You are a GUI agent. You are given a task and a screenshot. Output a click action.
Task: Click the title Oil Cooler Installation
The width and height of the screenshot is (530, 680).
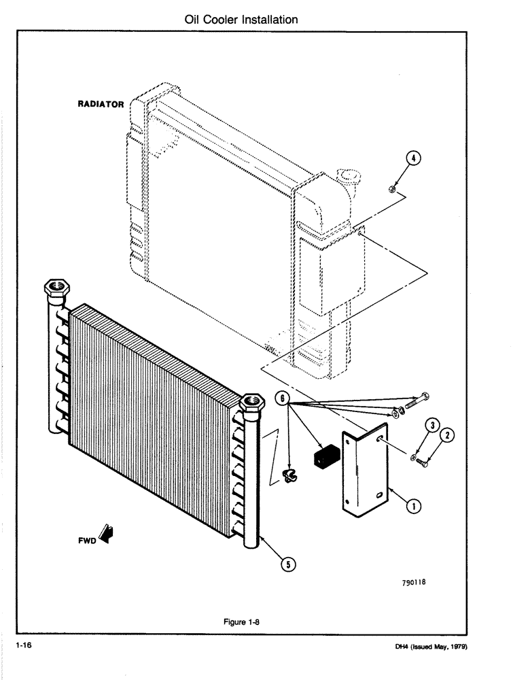click(241, 20)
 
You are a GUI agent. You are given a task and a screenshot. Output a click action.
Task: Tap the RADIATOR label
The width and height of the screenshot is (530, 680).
click(100, 105)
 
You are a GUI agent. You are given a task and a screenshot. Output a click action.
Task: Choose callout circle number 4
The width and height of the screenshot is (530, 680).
click(411, 157)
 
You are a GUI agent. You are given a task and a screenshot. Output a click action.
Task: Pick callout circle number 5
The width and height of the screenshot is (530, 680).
click(288, 563)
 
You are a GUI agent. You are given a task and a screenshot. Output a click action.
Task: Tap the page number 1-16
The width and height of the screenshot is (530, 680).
click(22, 646)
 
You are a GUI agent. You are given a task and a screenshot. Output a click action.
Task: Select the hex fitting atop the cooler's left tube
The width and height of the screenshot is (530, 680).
click(57, 288)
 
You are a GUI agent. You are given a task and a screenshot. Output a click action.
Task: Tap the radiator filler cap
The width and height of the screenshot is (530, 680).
click(353, 180)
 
